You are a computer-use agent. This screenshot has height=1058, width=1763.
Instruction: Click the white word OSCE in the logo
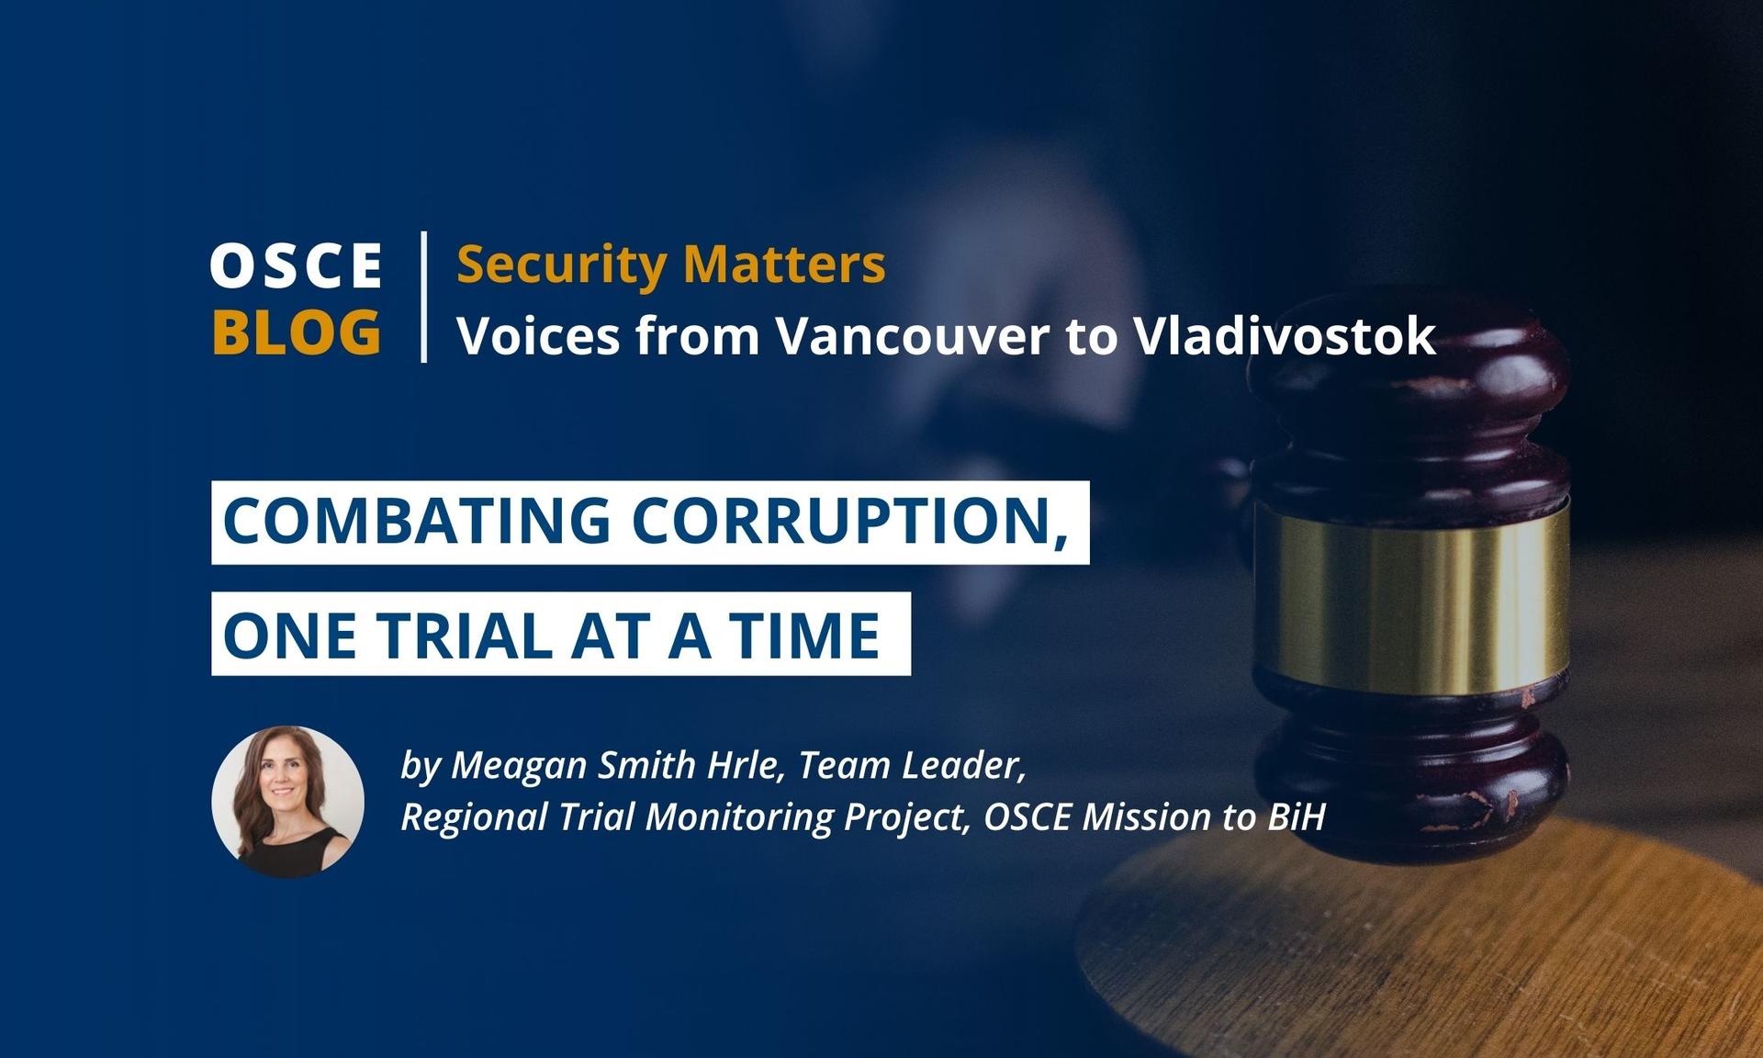point(296,265)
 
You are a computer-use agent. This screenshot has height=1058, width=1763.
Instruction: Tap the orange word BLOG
point(296,332)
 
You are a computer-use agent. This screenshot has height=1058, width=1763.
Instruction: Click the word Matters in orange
point(784,264)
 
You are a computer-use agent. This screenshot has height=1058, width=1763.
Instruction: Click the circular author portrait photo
point(287,801)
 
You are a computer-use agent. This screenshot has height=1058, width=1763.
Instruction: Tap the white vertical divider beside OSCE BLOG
point(423,297)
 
